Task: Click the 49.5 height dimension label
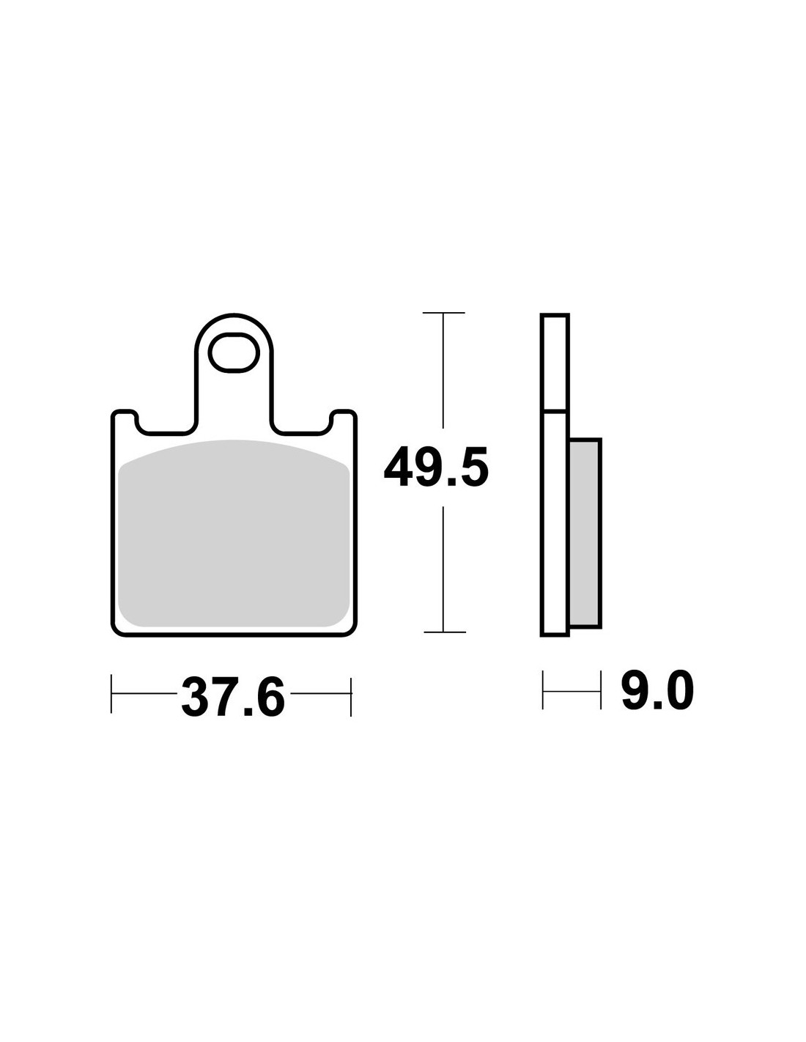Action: [x=436, y=468]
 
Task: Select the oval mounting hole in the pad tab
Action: [x=234, y=352]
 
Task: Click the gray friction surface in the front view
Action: [x=234, y=533]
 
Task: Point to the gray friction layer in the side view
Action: [x=585, y=533]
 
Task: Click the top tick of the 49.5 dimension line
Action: [x=443, y=313]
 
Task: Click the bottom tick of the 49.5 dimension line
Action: [x=445, y=632]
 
